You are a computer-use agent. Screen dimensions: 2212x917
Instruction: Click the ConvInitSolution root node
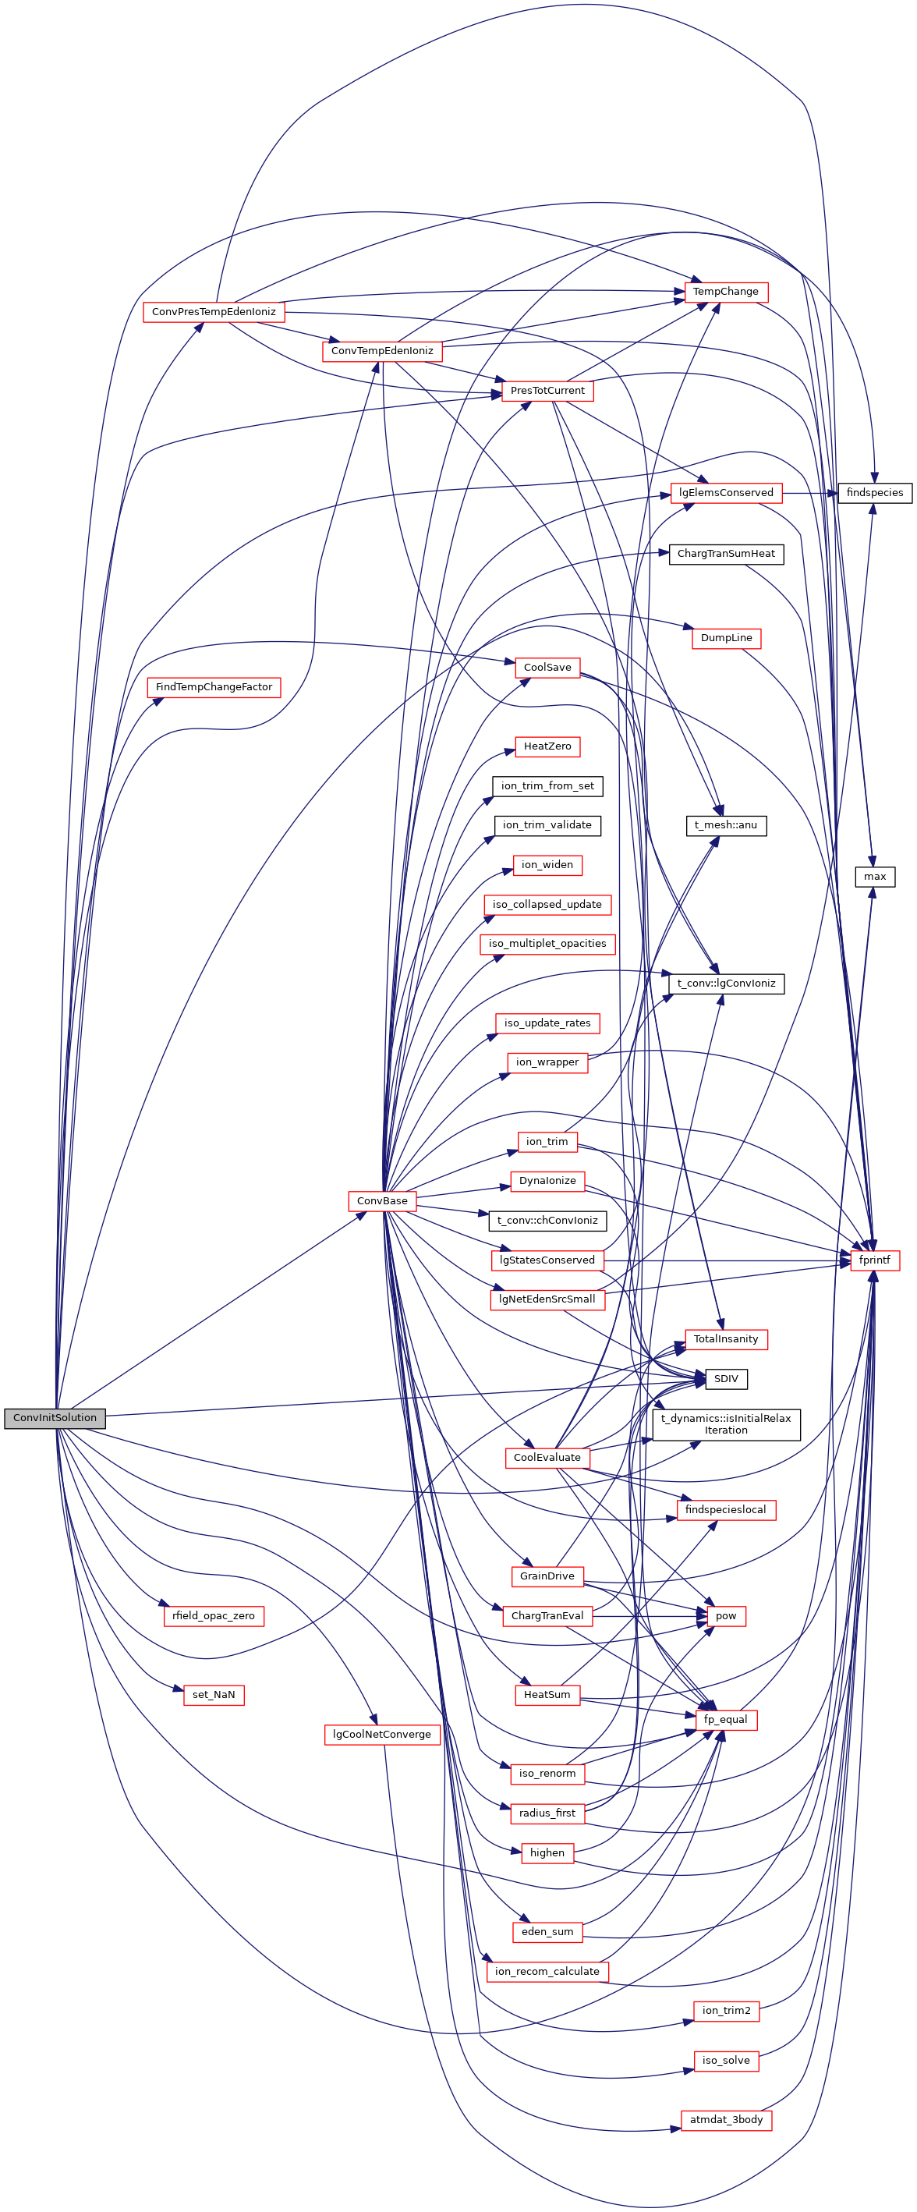55,1418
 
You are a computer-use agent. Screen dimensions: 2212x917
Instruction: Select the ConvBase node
382,1200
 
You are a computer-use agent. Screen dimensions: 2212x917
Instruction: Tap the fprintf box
874,1260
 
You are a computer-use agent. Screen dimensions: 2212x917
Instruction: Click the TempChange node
725,292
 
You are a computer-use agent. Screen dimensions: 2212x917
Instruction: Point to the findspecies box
874,493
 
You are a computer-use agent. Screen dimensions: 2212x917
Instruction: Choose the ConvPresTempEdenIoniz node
214,312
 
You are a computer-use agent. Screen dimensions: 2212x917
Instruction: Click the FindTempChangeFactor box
214,687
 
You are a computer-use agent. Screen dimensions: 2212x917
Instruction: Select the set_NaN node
214,1694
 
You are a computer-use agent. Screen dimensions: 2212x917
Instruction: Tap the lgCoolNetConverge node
382,1734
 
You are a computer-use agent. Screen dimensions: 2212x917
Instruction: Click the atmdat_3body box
725,2119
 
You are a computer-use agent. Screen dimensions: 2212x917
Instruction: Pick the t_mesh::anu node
725,825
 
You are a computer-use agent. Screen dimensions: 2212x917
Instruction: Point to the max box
874,877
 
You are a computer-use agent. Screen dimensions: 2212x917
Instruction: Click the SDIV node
725,1378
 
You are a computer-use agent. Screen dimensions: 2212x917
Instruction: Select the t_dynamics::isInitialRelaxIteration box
725,1423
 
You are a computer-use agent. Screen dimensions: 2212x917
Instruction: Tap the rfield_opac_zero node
214,1615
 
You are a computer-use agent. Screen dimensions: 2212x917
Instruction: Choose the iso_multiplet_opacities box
547,944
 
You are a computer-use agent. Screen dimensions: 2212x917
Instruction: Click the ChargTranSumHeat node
725,554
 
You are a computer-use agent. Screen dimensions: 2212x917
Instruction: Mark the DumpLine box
725,638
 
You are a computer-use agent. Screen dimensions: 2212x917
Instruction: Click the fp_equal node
725,1719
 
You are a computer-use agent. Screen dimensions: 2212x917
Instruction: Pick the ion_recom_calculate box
547,1971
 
